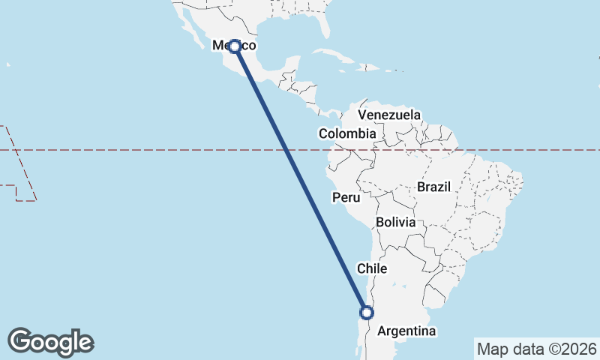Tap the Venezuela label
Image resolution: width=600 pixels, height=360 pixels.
click(389, 115)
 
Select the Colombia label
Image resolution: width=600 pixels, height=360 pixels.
click(347, 133)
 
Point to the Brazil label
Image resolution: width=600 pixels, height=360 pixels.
click(433, 187)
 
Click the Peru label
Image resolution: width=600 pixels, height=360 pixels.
click(346, 198)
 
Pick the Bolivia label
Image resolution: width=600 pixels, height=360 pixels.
click(396, 223)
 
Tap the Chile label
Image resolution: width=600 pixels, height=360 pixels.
click(372, 268)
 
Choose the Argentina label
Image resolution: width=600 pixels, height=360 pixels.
click(406, 331)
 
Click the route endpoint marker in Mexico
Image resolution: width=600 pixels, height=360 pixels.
click(235, 46)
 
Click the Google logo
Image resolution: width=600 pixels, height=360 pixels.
click(51, 341)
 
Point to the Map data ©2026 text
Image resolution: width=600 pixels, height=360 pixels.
click(537, 349)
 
